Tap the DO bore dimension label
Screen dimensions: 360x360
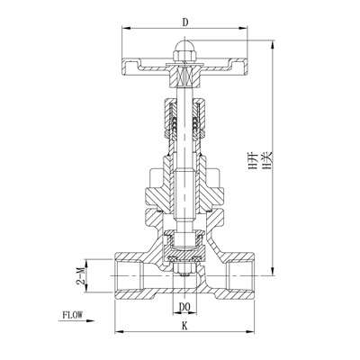pos(185,307)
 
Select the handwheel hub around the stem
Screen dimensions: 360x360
pos(185,66)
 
